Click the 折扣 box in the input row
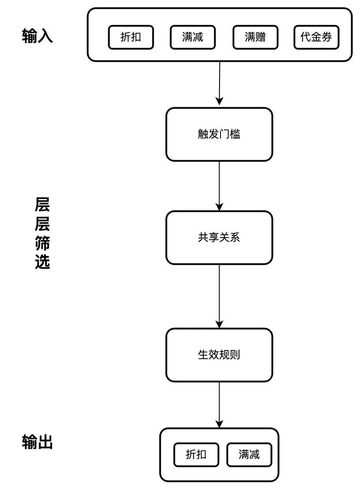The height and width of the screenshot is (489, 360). pos(131,37)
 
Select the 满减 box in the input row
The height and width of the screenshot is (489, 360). pos(193,37)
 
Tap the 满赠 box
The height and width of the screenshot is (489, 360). pos(255,37)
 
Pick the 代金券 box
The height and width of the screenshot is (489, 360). pos(316,37)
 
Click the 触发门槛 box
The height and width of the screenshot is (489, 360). pos(219,135)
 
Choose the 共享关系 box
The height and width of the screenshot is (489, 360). pos(219,237)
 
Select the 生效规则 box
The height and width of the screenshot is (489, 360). pos(219,355)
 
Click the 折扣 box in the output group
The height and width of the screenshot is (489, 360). pos(196,455)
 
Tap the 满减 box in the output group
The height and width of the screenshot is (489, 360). pos(249,455)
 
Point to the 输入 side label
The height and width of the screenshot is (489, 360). pos(38,36)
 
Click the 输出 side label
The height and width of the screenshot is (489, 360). pos(38,442)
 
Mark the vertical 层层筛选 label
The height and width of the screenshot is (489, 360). pos(42,233)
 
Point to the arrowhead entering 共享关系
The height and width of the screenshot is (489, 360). pos(220,207)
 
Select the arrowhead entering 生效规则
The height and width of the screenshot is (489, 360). pos(220,323)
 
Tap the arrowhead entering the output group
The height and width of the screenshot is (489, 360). pos(220,424)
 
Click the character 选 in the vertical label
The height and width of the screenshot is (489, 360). pos(42,261)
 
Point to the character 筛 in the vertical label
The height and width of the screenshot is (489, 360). pos(42,243)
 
